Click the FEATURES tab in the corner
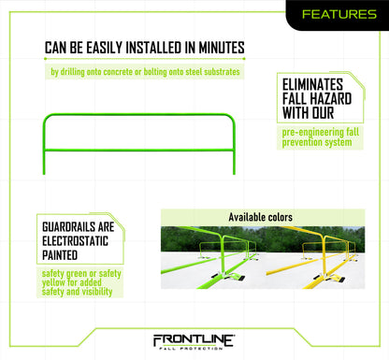click(340, 14)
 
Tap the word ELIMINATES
click(316, 83)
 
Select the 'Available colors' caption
click(261, 217)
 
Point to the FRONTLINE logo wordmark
click(194, 339)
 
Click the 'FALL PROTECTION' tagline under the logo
click(194, 351)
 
